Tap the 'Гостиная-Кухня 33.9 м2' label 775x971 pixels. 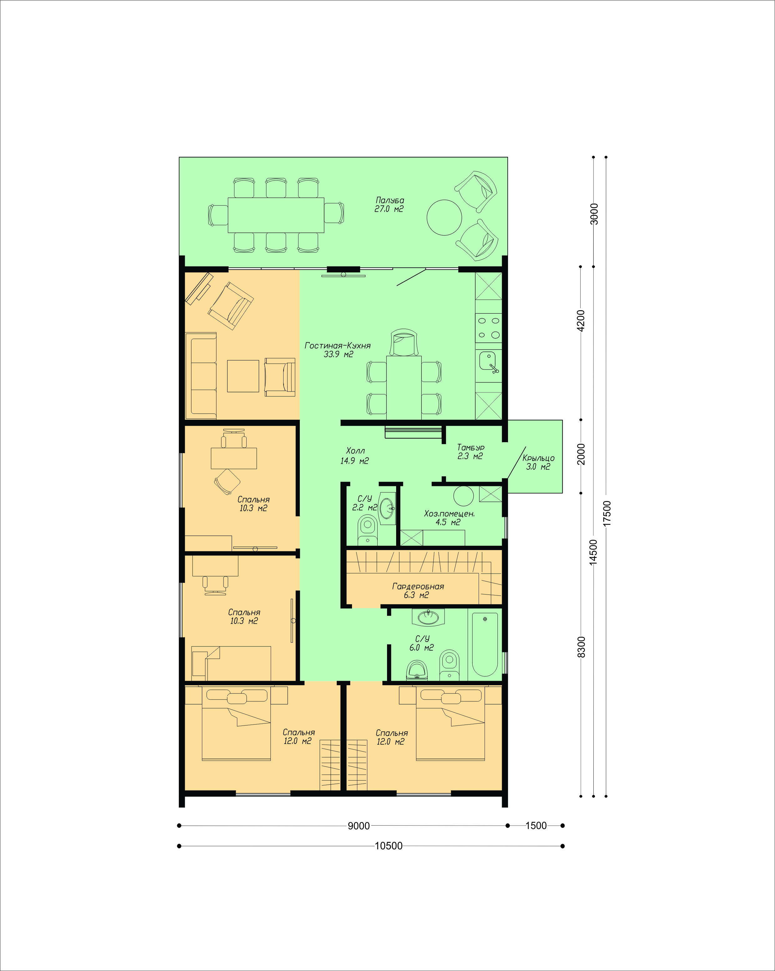[x=338, y=350]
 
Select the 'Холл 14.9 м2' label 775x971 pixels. [x=355, y=456]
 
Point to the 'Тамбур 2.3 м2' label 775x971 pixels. [x=471, y=452]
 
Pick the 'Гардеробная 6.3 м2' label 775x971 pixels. [x=418, y=590]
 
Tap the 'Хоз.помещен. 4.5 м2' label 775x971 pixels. [x=449, y=518]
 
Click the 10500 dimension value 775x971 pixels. [x=389, y=846]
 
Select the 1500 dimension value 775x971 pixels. [x=536, y=826]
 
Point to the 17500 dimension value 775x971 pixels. [x=606, y=513]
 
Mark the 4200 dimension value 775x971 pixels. [x=581, y=320]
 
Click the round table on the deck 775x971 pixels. [x=444, y=218]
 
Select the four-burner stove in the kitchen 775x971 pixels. [x=489, y=328]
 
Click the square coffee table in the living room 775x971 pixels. [x=243, y=376]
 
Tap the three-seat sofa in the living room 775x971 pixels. [x=201, y=376]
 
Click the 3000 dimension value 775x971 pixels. [x=594, y=214]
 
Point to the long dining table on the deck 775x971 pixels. [x=276, y=215]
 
